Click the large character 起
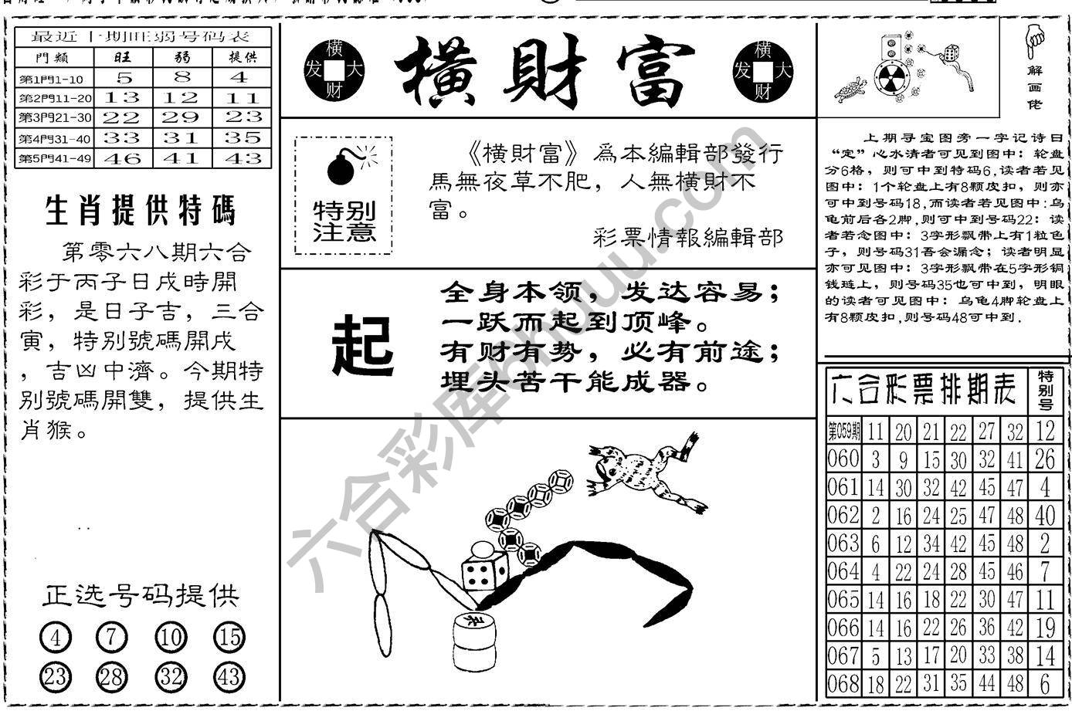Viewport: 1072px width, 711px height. [362, 345]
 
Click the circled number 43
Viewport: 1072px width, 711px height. [229, 677]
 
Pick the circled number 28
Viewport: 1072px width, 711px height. [112, 677]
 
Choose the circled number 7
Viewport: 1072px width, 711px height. [112, 638]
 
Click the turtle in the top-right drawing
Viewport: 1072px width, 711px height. [850, 91]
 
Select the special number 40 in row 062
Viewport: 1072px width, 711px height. [1044, 515]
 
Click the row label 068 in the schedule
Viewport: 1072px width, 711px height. [843, 683]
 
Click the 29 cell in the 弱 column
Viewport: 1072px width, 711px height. [182, 117]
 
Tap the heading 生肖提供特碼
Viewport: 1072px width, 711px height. [141, 211]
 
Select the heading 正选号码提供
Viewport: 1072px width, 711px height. [141, 595]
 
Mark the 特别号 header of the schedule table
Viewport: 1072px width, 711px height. [1045, 390]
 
